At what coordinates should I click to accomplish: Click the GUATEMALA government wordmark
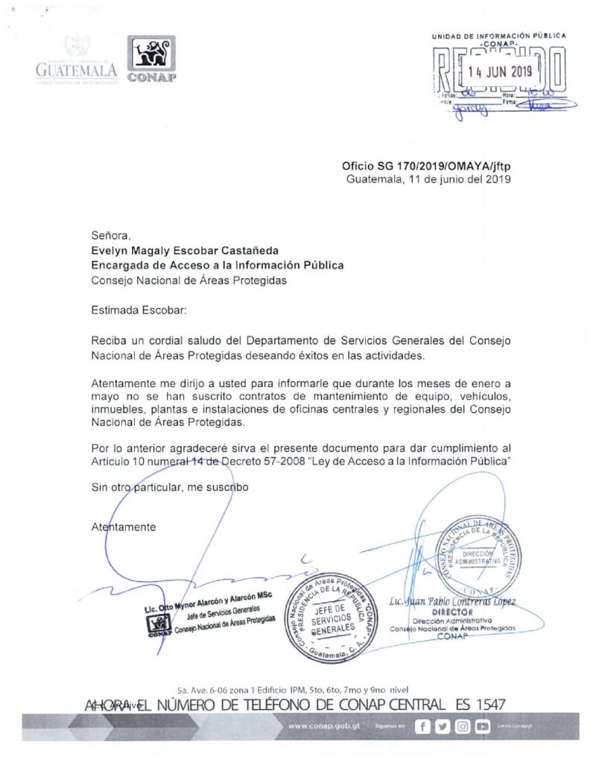pyautogui.click(x=76, y=70)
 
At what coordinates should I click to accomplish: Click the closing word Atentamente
pyautogui.click(x=124, y=527)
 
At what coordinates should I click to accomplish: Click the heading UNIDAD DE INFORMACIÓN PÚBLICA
pyautogui.click(x=498, y=36)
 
